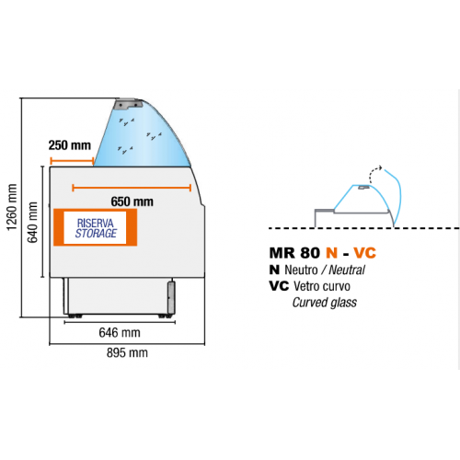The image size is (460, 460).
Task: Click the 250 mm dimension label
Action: [x=70, y=145]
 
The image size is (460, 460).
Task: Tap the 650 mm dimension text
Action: [x=132, y=201]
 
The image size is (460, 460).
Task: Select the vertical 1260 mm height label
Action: [x=12, y=207]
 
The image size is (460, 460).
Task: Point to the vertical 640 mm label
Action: [x=32, y=223]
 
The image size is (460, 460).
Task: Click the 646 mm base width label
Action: [x=120, y=332]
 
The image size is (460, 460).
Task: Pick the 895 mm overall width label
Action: [x=127, y=352]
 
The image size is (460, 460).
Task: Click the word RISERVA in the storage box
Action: [x=96, y=223]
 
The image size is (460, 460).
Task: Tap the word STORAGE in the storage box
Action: [x=96, y=234]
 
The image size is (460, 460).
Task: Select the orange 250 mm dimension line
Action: [x=72, y=160]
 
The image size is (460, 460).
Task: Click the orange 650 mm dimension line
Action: [x=132, y=188]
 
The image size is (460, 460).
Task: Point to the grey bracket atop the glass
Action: [x=128, y=104]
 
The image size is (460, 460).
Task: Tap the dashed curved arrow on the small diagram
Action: [x=374, y=173]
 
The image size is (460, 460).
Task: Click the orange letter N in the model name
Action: [x=332, y=253]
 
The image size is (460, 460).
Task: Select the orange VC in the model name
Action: [x=364, y=253]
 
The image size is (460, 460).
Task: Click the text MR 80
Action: [x=294, y=253]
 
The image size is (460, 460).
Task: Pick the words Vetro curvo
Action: [x=322, y=286]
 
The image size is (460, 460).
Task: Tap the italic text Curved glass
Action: [x=325, y=303]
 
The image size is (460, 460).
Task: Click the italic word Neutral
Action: [x=347, y=270]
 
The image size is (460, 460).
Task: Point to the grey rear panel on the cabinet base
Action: [x=171, y=297]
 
